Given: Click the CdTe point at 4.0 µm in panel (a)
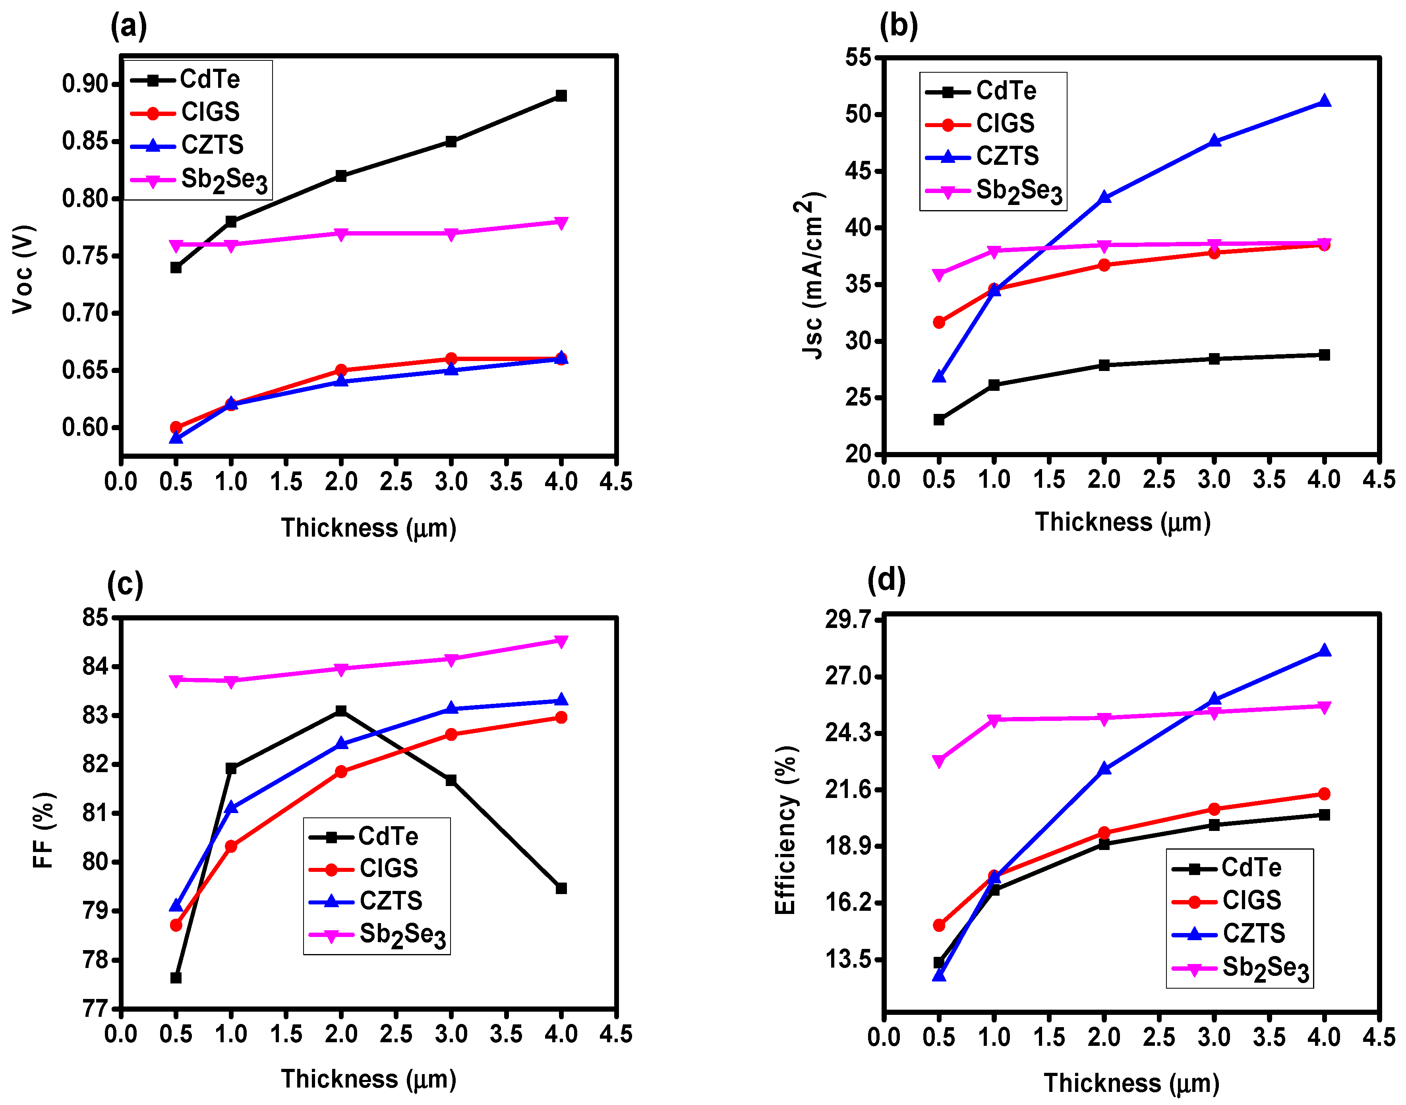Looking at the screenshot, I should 561,96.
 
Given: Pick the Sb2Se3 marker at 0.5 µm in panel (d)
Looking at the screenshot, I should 939,761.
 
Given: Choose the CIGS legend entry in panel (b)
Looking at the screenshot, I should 980,124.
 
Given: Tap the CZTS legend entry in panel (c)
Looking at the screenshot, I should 366,900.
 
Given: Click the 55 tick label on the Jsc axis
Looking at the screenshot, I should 858,57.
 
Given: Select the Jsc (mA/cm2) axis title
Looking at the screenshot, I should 811,275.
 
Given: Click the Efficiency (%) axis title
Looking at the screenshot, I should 785,830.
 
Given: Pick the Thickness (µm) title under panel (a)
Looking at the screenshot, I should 369,528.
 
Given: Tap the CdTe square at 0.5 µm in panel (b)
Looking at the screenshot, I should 939,420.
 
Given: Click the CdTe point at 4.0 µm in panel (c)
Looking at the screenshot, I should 561,888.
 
